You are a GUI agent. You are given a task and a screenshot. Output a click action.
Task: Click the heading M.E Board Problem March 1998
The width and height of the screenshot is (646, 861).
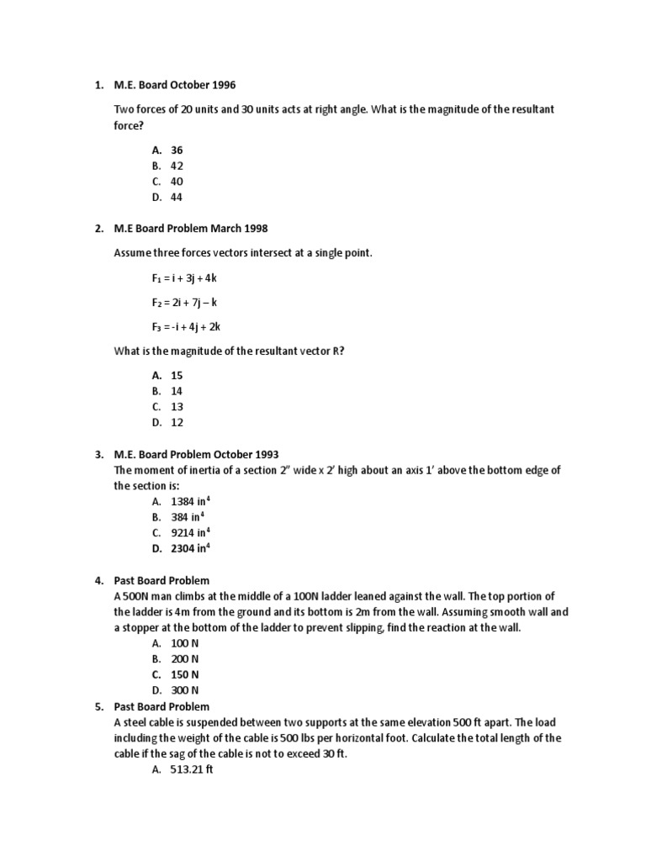(190, 229)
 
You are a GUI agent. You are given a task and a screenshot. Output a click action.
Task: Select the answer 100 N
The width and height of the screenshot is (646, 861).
(184, 643)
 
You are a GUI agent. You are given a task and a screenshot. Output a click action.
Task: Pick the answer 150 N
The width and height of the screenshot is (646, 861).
(184, 674)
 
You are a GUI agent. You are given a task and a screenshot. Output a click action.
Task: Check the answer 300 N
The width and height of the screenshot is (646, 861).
(184, 690)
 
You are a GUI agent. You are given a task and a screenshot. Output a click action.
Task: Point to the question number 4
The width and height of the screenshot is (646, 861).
(98, 580)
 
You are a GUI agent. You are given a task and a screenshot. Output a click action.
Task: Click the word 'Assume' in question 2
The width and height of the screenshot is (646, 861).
(133, 253)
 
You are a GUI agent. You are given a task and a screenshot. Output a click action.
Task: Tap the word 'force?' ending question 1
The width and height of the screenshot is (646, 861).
(129, 125)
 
